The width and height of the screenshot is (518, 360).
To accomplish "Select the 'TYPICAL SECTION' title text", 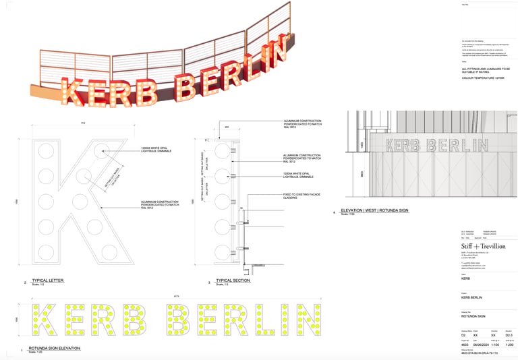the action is (233, 279).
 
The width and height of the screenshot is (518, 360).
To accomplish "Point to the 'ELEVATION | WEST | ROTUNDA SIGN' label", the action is (376, 210).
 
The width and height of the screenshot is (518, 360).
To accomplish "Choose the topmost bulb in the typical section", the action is (224, 149).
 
